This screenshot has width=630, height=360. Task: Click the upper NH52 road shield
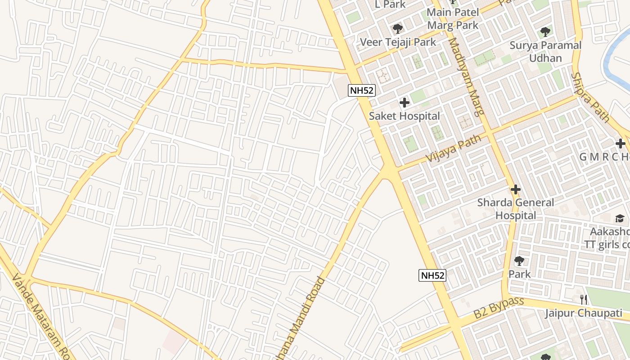point(361,90)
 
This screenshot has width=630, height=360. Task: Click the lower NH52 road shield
point(432,275)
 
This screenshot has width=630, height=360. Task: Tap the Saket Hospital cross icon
point(405,103)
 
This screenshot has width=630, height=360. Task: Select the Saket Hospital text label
point(405,116)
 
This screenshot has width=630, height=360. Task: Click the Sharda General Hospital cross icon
point(516,189)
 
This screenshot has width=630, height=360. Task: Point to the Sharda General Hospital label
point(516,209)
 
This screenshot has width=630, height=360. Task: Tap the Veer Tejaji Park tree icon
point(397,29)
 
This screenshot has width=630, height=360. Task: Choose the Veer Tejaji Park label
point(398,42)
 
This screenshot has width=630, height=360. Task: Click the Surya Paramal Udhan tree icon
point(545,32)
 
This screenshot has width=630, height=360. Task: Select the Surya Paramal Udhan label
point(545,52)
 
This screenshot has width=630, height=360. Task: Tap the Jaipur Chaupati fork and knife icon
point(584,300)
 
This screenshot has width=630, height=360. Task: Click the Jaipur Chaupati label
point(584,313)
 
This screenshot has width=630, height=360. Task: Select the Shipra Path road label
point(590,98)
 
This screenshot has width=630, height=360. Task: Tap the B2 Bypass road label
point(499,308)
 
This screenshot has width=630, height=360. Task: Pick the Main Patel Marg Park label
point(453,18)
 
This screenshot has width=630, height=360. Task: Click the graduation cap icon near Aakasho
point(620,218)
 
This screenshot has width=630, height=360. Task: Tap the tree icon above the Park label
point(519,261)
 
